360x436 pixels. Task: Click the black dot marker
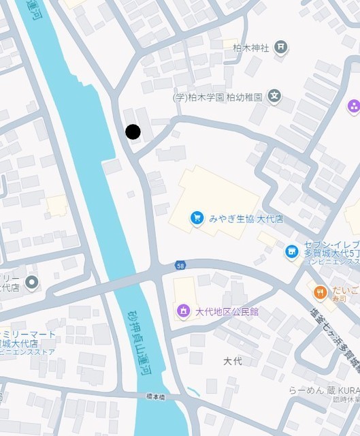(x=133, y=131)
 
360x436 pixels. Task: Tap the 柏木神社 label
(x=252, y=48)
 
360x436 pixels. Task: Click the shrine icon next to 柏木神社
(x=280, y=47)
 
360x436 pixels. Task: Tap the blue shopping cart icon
(x=197, y=218)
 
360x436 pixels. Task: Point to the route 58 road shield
(x=180, y=264)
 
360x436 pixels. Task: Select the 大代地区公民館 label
(x=227, y=312)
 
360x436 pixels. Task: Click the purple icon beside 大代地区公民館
(x=182, y=311)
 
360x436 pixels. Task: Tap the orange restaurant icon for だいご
(x=320, y=292)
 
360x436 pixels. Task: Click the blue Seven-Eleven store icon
(x=292, y=252)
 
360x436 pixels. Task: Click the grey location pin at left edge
(x=31, y=282)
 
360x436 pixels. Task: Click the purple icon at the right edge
(x=353, y=106)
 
